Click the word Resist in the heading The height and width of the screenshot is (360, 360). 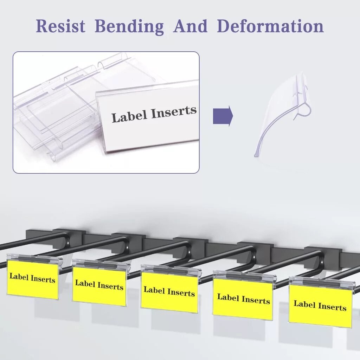pyautogui.click(x=60, y=26)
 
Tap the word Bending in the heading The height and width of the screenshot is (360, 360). pyautogui.click(x=129, y=27)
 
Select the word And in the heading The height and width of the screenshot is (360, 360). pyautogui.click(x=190, y=26)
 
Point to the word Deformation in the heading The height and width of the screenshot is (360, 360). pyautogui.click(x=270, y=26)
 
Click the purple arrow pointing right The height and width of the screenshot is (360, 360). pyautogui.click(x=223, y=116)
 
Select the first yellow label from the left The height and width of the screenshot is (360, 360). pyautogui.click(x=33, y=279)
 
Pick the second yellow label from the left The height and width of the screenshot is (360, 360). pyautogui.click(x=99, y=285)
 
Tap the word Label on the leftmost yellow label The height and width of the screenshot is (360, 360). pyautogui.click(x=19, y=276)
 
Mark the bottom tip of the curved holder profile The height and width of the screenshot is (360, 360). pyautogui.click(x=256, y=156)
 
